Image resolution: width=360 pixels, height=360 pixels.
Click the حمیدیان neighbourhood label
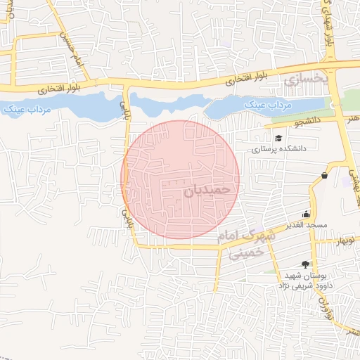tap(207, 190)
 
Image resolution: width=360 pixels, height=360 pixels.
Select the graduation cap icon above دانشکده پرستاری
tap(278, 138)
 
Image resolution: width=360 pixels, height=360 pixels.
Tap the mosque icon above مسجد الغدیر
tap(306, 214)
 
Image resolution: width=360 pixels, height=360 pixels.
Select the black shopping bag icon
tap(323, 175)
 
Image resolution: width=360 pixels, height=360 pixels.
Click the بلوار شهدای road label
tap(328, 28)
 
